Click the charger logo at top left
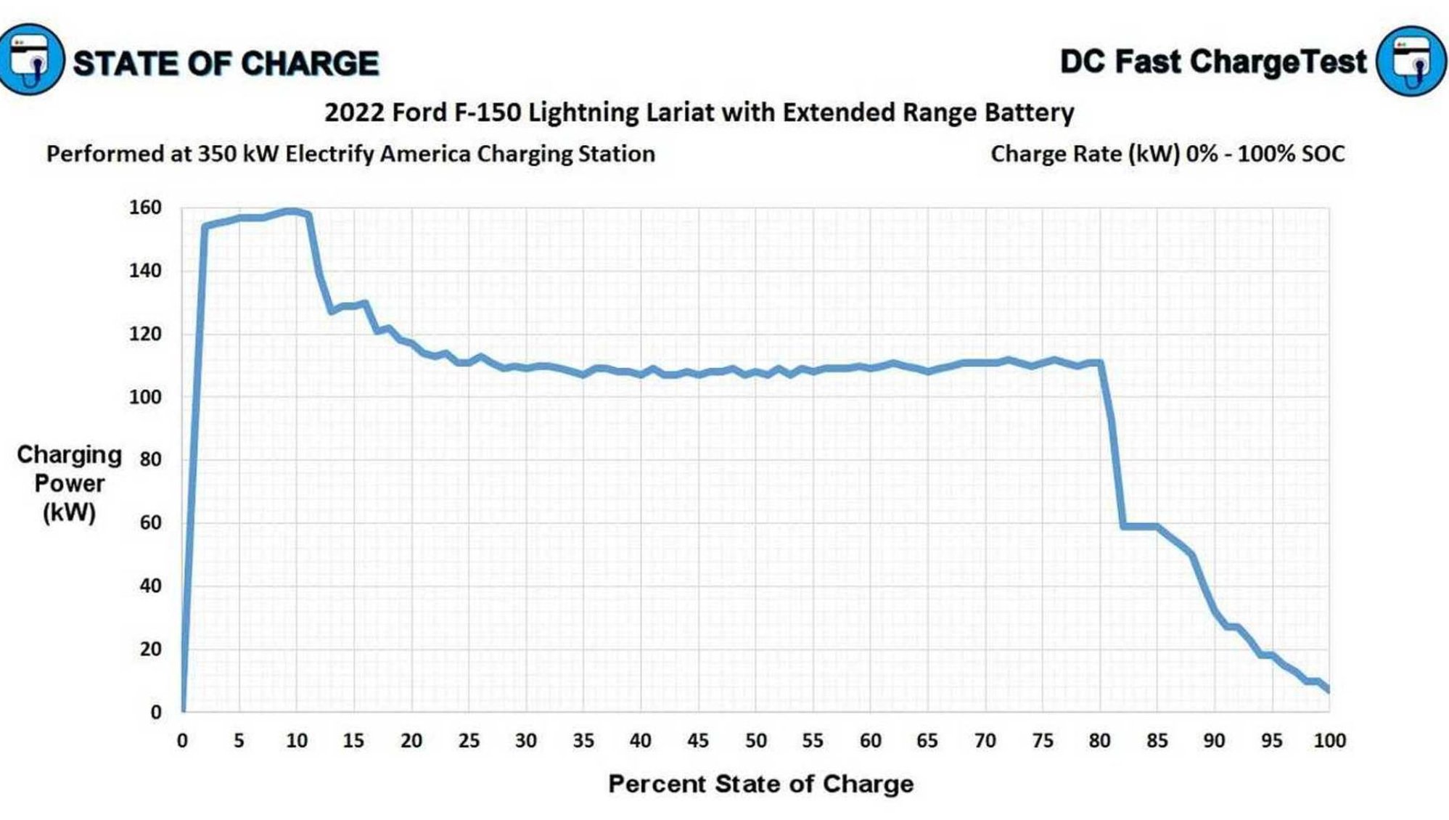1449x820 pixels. (x=30, y=60)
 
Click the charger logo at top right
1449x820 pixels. (x=1411, y=61)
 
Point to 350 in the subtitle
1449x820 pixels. (x=218, y=154)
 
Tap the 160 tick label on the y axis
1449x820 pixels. (x=145, y=208)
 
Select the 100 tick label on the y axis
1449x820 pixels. (x=145, y=397)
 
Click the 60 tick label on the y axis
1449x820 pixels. (x=150, y=522)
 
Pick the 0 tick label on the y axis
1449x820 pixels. (x=155, y=712)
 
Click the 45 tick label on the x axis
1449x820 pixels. (x=697, y=741)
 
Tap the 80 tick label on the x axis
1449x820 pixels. (x=1099, y=741)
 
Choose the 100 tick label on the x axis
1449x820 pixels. (x=1329, y=741)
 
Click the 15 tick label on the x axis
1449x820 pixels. (x=353, y=741)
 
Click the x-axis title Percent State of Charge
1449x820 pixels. (x=760, y=784)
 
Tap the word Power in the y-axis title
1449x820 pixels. (x=69, y=483)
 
